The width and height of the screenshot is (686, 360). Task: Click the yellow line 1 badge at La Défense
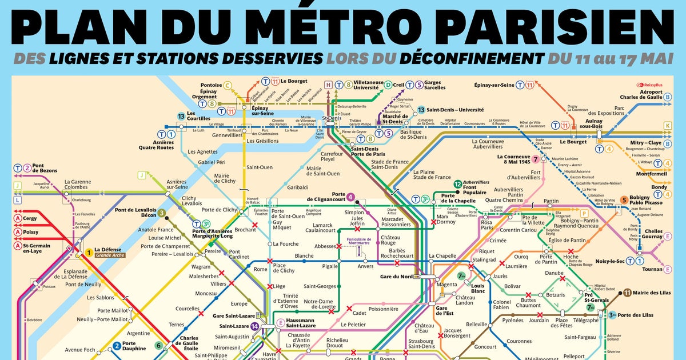pos(89,252)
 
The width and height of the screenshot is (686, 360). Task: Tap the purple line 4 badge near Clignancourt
pos(350,197)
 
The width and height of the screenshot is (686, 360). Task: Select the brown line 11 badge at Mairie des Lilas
pos(627,293)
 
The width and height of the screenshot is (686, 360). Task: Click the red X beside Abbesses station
pos(339,246)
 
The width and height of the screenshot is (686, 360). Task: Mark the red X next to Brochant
pos(254,225)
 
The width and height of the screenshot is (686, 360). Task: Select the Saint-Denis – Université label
pos(455,110)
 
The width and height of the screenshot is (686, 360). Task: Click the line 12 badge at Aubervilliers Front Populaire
pos(457,183)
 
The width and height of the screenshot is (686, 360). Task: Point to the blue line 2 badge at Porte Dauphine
pos(117,345)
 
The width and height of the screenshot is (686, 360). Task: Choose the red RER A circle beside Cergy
pos(18,218)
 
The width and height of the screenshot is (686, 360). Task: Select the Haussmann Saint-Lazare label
pos(301,323)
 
